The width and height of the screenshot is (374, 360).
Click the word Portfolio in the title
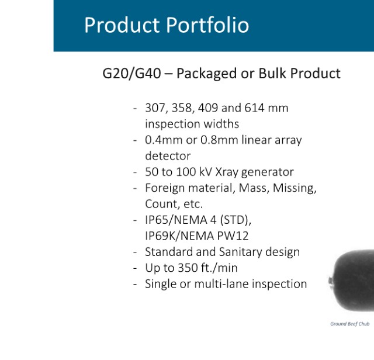pos(207,25)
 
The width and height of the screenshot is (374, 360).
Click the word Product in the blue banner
pos(122,25)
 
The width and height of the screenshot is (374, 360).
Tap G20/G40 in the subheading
pos(131,73)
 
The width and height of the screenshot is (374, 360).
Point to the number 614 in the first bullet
pos(255,108)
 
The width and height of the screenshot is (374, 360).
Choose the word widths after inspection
pos(221,124)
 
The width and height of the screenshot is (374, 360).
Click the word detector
pos(168,156)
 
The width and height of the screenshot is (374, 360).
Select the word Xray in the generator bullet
pos(227,172)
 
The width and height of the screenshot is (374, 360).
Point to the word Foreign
pos(165,188)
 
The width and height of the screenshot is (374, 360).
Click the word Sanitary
pos(240,252)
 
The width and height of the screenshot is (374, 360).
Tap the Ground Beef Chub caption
pos(350,324)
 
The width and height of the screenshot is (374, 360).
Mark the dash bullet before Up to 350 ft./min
pos(135,268)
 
